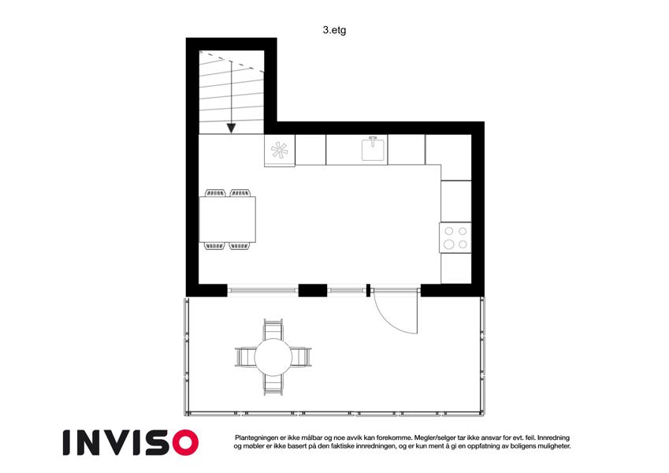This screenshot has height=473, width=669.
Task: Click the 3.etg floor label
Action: pos(334,30)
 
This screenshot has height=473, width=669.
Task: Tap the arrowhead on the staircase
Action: pos(231,128)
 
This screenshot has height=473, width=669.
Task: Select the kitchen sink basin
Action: pos(374,149)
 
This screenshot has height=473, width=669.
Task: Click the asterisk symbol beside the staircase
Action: pos(280,151)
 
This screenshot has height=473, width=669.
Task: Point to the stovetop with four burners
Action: pos(455,237)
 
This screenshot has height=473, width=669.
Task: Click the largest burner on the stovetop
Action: pos(448,244)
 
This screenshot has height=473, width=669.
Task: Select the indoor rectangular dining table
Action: pos(228,219)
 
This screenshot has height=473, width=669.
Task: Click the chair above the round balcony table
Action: pos(273,330)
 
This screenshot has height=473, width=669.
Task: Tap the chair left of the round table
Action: pos(245,357)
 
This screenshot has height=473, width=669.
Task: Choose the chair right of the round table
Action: pos(301,357)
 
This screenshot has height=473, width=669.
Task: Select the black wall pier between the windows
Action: pos(313,290)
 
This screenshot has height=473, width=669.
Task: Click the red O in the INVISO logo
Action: pos(186,443)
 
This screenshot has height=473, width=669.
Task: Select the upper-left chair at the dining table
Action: pos(215,193)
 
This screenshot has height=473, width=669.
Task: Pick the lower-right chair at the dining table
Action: pos(240,246)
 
